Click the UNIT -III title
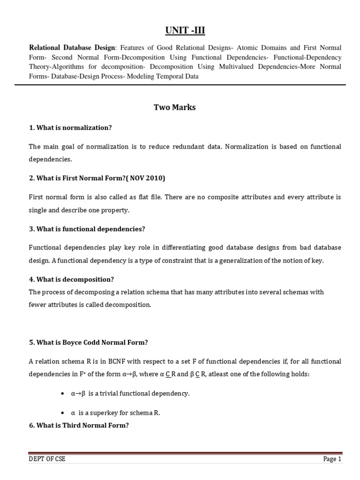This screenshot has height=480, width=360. point(185,31)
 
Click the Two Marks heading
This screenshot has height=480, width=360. point(174,107)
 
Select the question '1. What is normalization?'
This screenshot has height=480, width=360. point(70,127)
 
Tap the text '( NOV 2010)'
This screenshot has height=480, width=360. point(146,178)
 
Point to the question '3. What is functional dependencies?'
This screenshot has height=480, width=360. point(87,229)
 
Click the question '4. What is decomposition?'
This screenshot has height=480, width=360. point(71,279)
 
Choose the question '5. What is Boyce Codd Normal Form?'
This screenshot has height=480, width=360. point(88,342)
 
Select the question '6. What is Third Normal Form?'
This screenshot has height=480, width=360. point(78,426)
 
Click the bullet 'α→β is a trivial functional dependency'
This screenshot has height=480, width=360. point(130,393)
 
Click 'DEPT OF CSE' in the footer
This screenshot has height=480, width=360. point(47,459)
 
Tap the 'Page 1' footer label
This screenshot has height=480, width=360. point(332,459)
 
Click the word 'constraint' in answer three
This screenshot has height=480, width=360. point(155,260)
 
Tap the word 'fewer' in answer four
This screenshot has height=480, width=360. point(37,304)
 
